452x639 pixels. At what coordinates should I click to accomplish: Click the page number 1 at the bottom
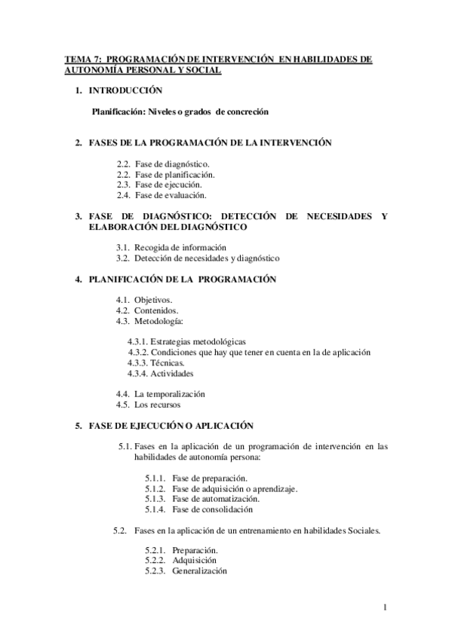(x=385, y=608)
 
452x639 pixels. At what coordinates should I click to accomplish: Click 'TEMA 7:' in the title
(x=81, y=59)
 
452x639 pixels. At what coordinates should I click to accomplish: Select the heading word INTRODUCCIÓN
(x=125, y=90)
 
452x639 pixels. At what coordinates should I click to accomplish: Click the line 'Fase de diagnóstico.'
(x=173, y=163)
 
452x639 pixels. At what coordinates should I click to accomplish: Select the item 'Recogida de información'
(x=181, y=247)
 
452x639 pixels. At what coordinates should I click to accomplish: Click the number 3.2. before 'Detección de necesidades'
(x=125, y=258)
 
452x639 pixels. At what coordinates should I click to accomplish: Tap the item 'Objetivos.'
(x=153, y=300)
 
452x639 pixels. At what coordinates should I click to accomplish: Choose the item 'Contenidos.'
(x=156, y=310)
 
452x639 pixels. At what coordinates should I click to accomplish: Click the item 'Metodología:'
(x=159, y=321)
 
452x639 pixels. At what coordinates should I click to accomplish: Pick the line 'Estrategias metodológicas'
(x=198, y=341)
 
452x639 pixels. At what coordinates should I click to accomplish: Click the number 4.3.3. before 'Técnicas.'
(x=140, y=362)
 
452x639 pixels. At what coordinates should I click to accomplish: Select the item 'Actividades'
(x=172, y=373)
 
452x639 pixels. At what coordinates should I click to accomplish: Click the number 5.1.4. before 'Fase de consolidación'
(x=156, y=509)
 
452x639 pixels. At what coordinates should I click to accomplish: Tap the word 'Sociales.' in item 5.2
(x=364, y=530)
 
